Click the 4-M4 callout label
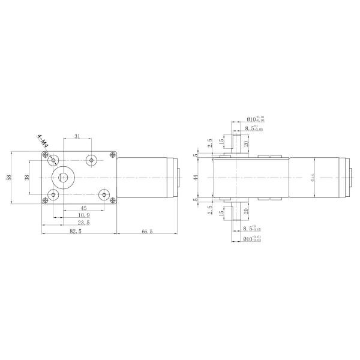coord(43,142)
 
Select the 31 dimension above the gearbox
coord(77,137)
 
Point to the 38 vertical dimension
coord(27,178)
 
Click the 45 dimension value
coord(83,208)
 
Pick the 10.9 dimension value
coord(83,215)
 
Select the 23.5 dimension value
coord(83,223)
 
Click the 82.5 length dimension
coord(76,230)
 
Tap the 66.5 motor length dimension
coord(146,230)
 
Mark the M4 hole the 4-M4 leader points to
coord(54,160)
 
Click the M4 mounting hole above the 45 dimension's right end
coord(105,195)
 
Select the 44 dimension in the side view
coord(196,178)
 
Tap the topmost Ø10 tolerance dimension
coord(255,119)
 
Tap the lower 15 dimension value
coord(221,213)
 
